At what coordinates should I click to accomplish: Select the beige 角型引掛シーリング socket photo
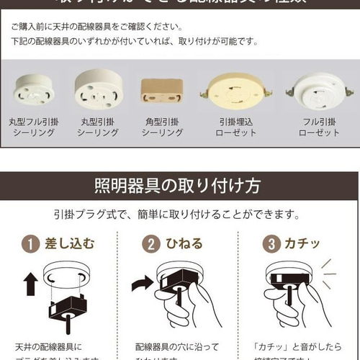point(161,91)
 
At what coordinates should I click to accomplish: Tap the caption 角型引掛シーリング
point(161,127)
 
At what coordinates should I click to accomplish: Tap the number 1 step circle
point(30,243)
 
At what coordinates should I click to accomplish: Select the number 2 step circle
point(150,243)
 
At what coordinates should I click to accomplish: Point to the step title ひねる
point(184,243)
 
